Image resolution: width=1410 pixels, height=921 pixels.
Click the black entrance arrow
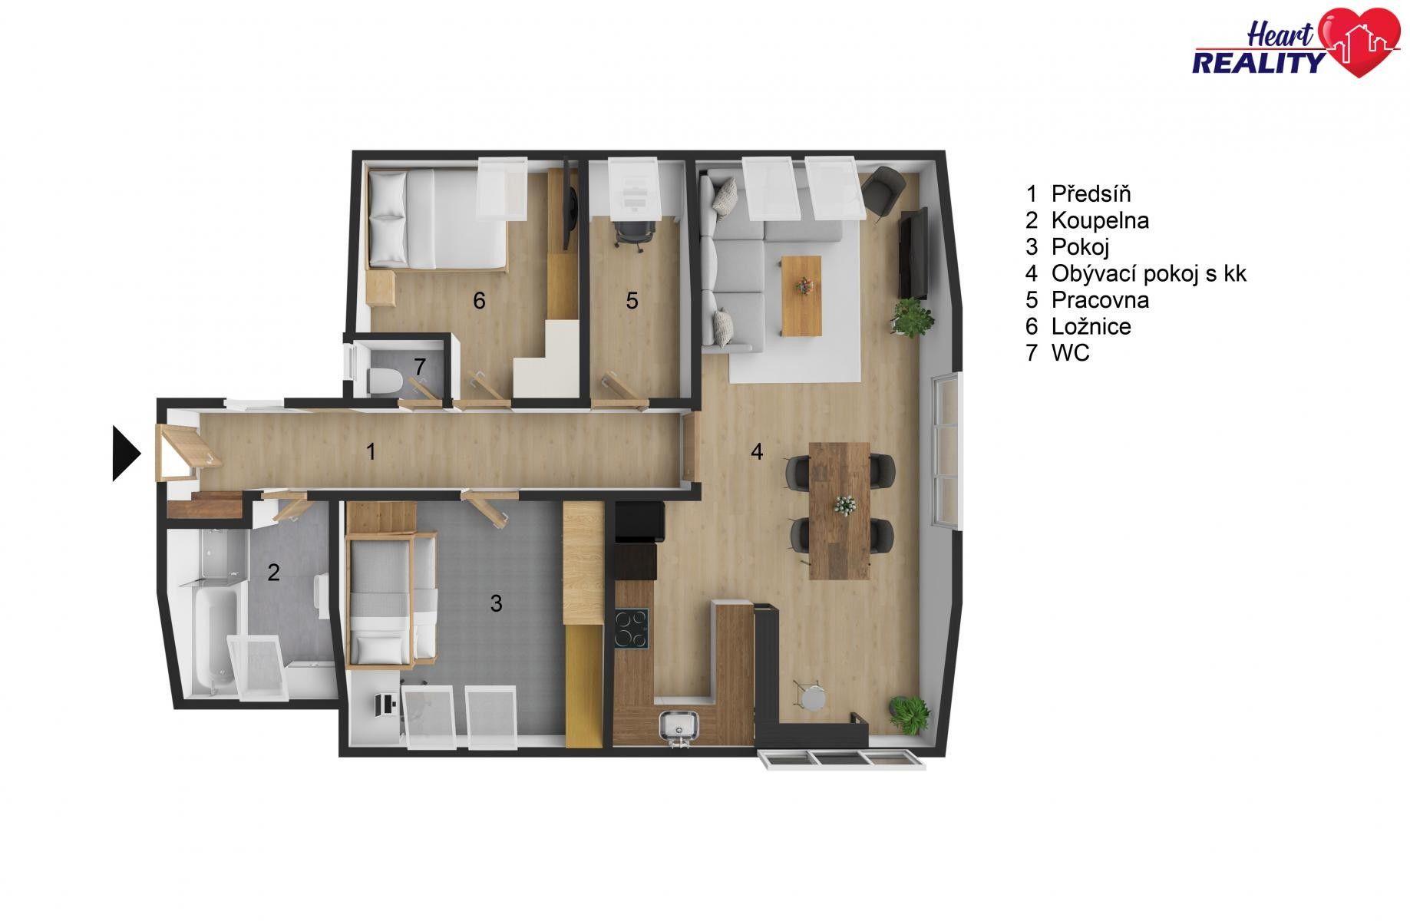point(125,454)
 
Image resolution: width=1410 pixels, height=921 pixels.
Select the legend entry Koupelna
point(1087,220)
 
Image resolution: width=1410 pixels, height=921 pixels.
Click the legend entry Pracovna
point(1087,299)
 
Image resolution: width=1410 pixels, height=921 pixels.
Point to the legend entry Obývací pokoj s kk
point(1136,273)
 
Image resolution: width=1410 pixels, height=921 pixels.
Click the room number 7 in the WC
point(420,367)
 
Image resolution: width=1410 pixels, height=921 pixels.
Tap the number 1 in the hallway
point(371,451)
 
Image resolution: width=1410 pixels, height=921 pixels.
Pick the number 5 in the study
point(632,300)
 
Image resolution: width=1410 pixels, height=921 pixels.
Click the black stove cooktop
point(631,629)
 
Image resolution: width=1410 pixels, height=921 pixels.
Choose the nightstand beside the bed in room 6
point(381,288)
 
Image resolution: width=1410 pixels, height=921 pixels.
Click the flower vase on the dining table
point(844,504)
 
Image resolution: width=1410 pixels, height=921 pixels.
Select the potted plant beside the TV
point(912,318)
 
